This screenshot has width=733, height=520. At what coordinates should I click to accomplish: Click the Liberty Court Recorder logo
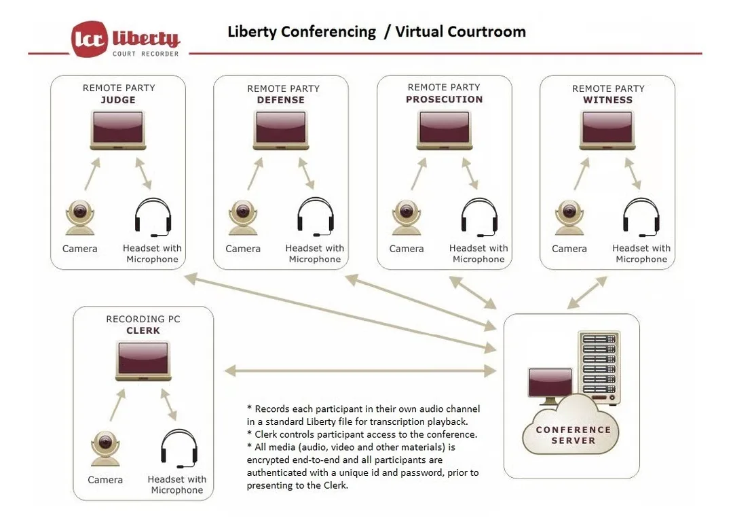126,39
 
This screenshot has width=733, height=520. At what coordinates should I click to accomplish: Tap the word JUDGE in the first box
118,100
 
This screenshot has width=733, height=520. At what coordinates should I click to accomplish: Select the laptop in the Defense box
280,131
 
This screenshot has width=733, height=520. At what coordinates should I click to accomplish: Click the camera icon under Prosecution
407,218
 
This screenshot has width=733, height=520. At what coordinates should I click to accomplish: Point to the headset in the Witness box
641,217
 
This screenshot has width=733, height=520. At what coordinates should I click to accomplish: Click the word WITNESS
607,100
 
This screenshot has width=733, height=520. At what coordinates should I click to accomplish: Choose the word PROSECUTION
444,99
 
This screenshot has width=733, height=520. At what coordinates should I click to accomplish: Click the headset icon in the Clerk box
179,449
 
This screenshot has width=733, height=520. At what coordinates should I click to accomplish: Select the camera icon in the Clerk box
105,449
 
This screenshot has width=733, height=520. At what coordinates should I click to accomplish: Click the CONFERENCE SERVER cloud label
573,435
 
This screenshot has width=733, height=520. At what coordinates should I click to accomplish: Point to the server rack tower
599,368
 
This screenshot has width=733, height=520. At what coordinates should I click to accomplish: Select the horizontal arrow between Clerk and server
360,371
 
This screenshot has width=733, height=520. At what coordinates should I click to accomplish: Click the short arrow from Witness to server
587,292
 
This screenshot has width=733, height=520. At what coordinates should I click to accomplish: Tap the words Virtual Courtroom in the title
460,31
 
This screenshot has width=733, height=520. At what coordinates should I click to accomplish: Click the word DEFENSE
280,100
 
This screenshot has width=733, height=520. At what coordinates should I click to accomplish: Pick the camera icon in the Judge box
80,218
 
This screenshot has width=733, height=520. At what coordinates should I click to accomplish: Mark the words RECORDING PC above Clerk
143,319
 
